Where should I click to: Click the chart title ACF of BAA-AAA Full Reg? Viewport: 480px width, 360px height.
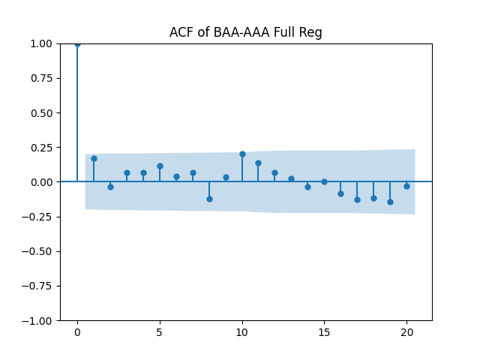[246, 32]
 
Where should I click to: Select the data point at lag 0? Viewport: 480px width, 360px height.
[77, 43]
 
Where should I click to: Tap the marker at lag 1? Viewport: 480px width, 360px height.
[94, 158]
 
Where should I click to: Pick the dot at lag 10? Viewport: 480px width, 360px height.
[242, 154]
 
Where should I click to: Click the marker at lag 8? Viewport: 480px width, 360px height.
[209, 199]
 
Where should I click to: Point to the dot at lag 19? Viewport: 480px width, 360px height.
[390, 202]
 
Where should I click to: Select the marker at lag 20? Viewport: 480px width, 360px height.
[406, 186]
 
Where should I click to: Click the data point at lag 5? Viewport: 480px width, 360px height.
[160, 166]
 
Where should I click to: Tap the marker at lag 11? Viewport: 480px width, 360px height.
[258, 163]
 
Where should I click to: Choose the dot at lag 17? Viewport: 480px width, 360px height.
[357, 199]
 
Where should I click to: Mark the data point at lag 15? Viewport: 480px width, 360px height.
[324, 181]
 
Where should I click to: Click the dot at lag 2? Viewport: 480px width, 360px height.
[110, 187]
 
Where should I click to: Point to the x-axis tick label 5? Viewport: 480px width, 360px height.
[160, 332]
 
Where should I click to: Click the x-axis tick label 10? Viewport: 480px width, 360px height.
[242, 332]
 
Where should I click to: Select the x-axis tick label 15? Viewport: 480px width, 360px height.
[324, 332]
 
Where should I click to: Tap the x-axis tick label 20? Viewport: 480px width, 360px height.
[406, 332]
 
